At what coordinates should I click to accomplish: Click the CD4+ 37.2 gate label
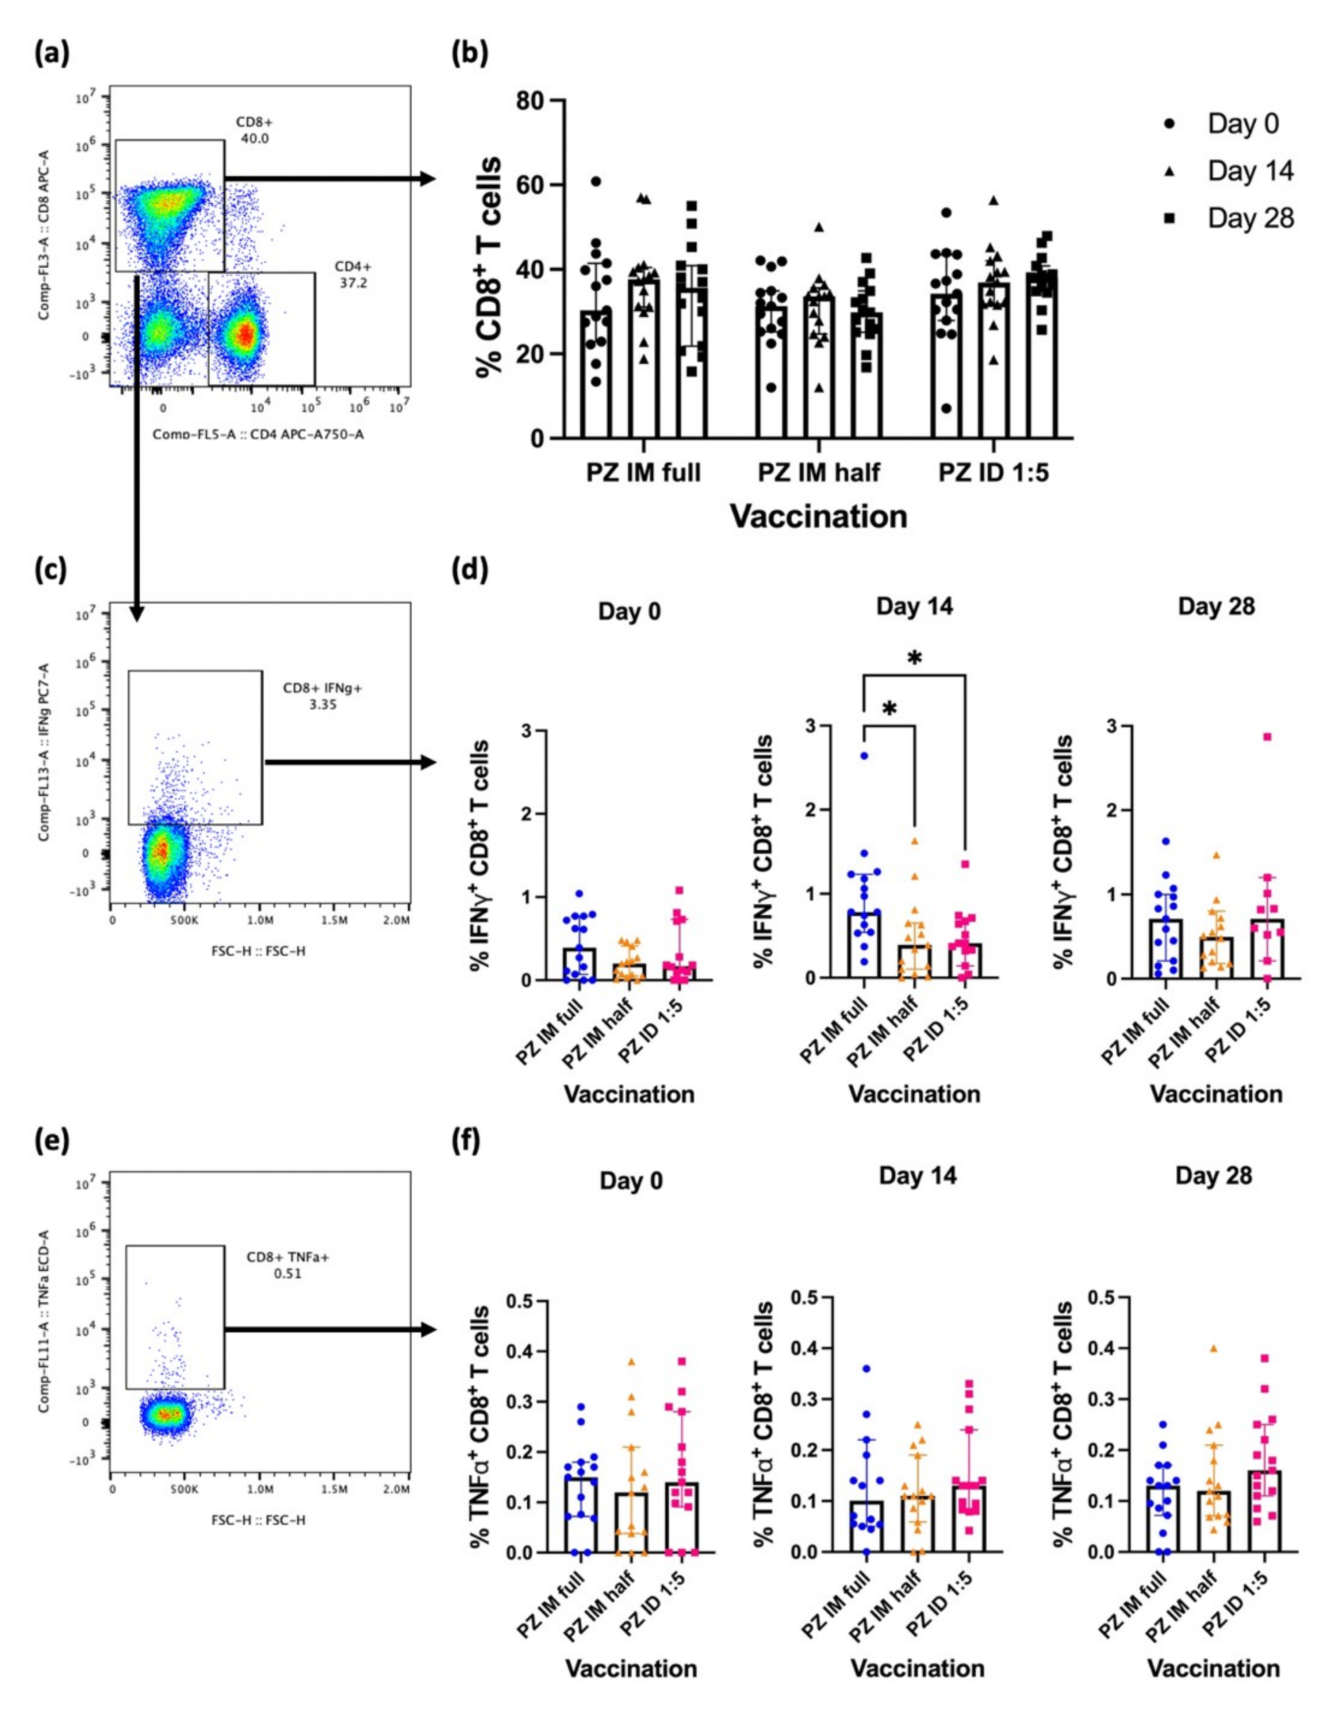pos(353,275)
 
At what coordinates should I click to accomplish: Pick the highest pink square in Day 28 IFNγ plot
pos(1267,737)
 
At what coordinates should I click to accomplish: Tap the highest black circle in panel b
pos(596,181)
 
